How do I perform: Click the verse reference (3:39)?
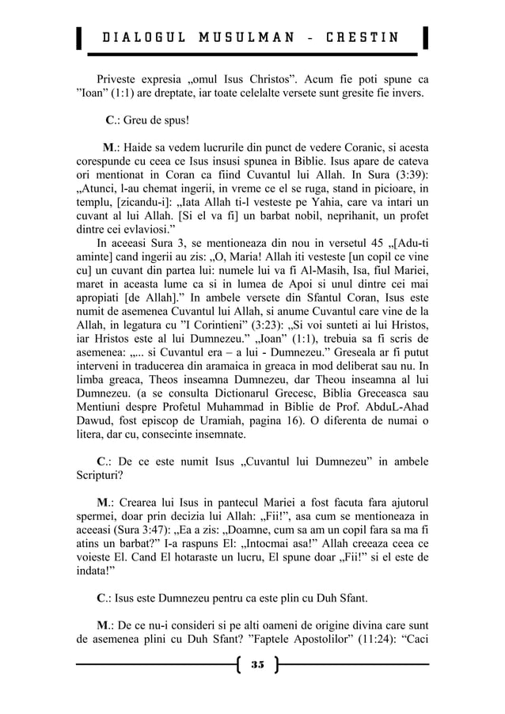[402, 180]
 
